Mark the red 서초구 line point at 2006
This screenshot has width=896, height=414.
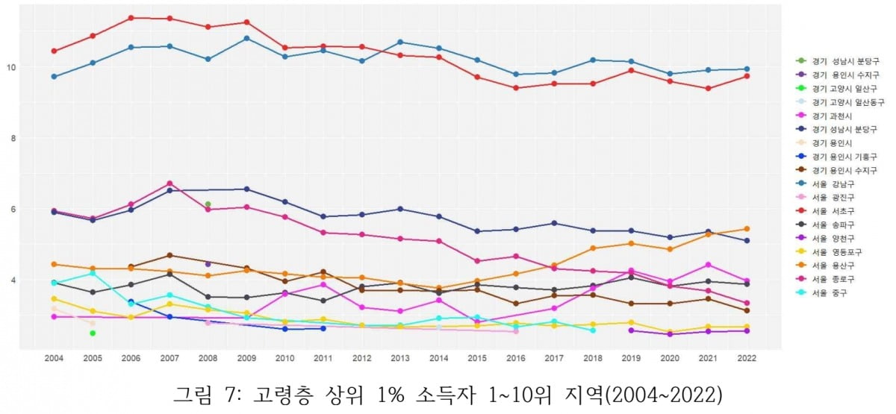pos(131,18)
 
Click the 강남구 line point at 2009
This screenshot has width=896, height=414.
pos(246,38)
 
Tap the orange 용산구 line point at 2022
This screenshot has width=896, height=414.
pos(746,229)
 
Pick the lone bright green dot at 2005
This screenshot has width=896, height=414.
pos(93,333)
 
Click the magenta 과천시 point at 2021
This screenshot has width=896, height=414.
pos(708,265)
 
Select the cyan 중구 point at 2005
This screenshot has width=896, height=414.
pos(93,273)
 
